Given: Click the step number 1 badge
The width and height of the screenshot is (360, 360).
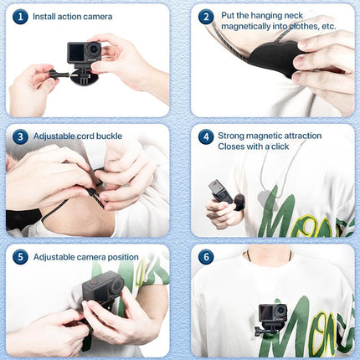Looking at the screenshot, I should [20, 16].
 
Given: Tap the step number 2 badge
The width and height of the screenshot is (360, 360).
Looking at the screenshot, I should [206, 16].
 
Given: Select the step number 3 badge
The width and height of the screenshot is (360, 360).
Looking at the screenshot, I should [20, 136].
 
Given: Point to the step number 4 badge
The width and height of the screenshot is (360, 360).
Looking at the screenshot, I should [206, 136].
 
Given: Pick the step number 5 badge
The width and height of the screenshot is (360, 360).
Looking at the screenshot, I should [20, 256].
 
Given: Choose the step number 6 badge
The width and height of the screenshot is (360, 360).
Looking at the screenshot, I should [206, 256].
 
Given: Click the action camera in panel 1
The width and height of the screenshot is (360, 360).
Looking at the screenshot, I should [84, 56].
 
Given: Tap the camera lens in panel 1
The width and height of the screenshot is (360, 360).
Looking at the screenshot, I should [92, 50].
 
